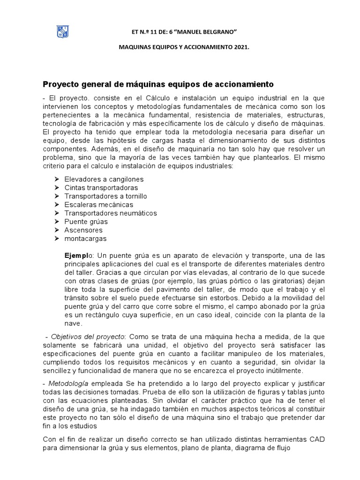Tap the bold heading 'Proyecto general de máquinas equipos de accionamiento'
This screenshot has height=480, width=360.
[165, 84]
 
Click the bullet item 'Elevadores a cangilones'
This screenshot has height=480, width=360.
[104, 180]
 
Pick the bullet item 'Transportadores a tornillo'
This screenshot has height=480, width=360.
[105, 196]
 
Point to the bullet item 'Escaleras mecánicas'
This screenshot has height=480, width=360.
[99, 205]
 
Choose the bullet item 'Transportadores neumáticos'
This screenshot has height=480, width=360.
[111, 213]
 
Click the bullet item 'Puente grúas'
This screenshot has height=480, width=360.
[86, 222]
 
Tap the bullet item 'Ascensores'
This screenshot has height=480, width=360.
[83, 230]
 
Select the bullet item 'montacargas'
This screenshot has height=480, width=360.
[85, 239]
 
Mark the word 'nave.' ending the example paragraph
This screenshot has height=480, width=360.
[73, 323]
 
